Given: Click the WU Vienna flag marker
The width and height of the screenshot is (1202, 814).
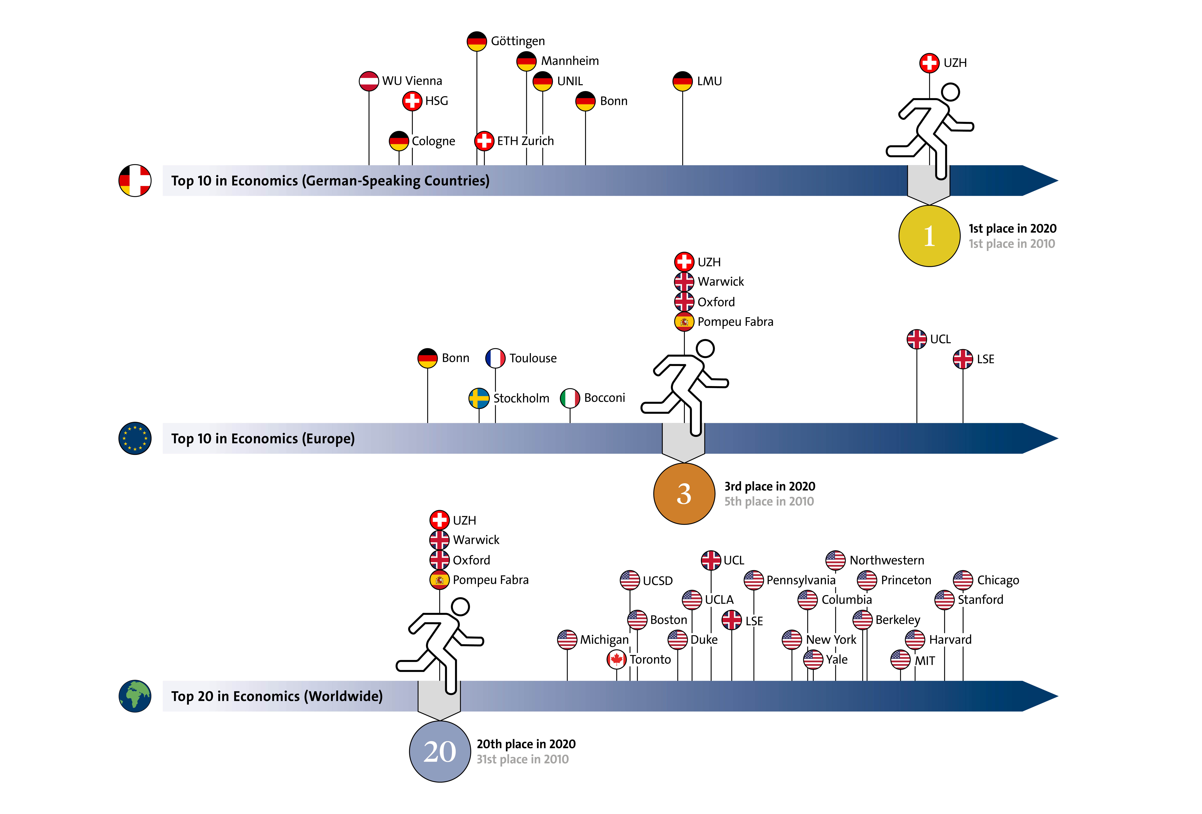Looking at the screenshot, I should [369, 81].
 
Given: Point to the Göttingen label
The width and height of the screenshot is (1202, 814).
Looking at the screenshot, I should [518, 41].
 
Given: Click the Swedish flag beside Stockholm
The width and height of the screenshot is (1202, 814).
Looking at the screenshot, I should [479, 398].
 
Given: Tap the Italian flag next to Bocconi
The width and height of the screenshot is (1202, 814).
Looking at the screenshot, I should [570, 398].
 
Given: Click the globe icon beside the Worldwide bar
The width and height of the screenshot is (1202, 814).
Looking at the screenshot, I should [135, 696].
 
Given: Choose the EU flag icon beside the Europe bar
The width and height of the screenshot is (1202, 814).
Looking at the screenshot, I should [135, 438].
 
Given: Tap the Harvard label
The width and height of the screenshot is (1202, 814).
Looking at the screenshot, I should [950, 640].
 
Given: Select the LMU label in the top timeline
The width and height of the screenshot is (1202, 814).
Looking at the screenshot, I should [709, 81].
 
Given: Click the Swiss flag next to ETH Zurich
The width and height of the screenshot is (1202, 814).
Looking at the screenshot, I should [484, 141].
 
